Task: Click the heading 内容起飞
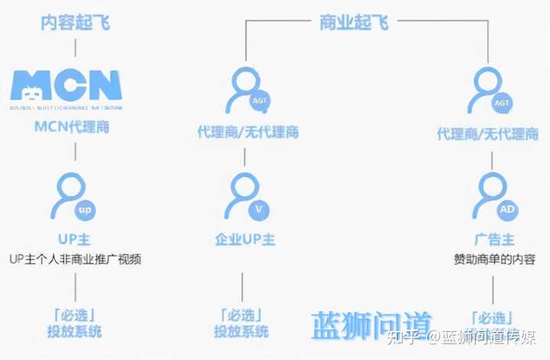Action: [75, 22]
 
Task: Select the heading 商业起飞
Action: [354, 22]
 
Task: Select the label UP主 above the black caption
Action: [74, 239]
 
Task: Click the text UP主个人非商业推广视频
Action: [76, 260]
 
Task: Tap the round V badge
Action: [259, 209]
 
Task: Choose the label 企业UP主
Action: [244, 239]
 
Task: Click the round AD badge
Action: [506, 209]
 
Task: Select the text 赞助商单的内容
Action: [492, 260]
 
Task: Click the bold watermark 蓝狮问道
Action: [372, 326]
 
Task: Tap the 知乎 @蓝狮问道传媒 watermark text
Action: [462, 337]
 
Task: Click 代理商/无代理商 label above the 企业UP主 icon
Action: [244, 133]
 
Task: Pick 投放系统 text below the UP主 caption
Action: [74, 332]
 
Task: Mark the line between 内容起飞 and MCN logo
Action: [75, 47]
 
